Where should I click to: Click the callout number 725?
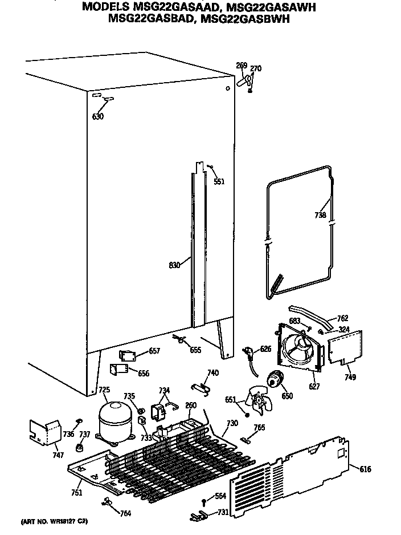tap(104, 390)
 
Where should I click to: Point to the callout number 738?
tap(320, 216)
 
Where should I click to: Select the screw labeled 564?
tap(203, 501)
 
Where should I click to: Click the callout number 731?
tap(223, 512)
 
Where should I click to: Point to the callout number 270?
tap(256, 69)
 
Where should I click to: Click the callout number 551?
tap(219, 182)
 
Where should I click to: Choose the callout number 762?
tap(343, 318)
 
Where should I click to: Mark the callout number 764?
tap(125, 513)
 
